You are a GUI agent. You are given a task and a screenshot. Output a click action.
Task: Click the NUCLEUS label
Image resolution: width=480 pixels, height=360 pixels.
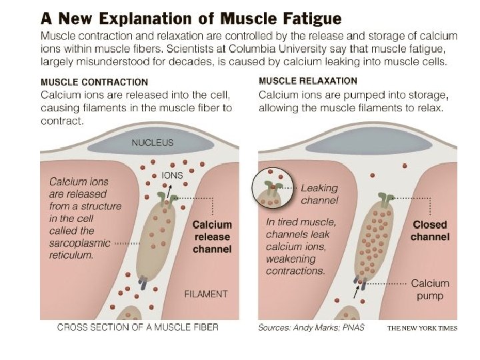(152, 143)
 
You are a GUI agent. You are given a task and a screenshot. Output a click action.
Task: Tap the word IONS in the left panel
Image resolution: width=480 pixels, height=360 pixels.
(173, 175)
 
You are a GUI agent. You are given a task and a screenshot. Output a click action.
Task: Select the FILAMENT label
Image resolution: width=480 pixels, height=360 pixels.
(205, 294)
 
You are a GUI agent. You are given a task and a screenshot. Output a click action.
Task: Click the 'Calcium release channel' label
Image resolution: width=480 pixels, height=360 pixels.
(212, 237)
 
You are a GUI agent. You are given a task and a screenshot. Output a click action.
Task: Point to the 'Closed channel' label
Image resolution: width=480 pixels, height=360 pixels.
(430, 231)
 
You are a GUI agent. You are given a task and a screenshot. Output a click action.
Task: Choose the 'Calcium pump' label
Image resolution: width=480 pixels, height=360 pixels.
(430, 289)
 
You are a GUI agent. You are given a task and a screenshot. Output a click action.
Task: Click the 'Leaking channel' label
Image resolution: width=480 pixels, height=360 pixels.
(319, 194)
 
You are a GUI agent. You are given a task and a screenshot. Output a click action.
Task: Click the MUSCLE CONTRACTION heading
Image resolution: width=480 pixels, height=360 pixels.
(95, 83)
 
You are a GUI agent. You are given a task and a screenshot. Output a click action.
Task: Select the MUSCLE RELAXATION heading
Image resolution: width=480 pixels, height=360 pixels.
(307, 81)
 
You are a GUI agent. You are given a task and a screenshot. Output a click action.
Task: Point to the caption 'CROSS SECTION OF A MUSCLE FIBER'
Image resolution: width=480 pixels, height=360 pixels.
(137, 327)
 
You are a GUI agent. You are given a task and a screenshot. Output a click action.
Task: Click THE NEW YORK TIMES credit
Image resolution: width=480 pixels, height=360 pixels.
(421, 329)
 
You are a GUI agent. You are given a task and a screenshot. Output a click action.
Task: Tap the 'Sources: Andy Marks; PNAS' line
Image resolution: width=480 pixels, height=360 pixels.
(311, 328)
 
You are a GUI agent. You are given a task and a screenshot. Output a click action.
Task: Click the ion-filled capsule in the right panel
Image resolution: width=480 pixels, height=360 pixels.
(376, 239)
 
